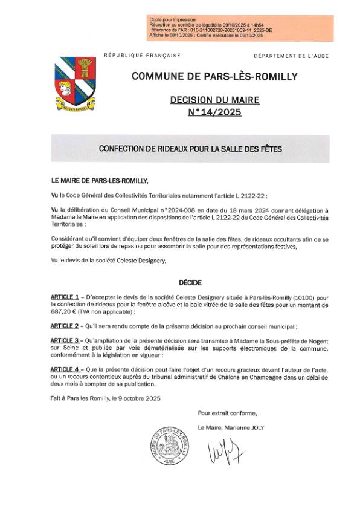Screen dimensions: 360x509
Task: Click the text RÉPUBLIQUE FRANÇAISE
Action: (142, 56)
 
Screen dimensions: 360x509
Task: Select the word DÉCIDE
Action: (190, 282)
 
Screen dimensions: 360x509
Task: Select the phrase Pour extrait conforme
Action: (227, 413)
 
